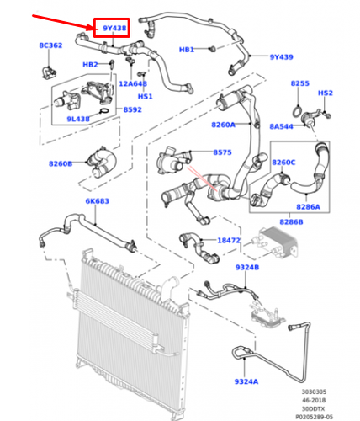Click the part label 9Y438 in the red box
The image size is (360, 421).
[114, 29]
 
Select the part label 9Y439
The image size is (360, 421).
[281, 57]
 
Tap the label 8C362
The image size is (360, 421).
[50, 44]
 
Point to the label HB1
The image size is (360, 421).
[187, 50]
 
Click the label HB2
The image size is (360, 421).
[90, 65]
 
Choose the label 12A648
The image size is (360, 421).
[133, 83]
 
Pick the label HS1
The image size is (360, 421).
[145, 96]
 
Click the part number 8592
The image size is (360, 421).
[133, 109]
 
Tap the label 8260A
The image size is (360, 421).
[224, 125]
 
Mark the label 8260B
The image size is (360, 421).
[60, 163]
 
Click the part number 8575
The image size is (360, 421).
[222, 152]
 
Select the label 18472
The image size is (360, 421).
[229, 241]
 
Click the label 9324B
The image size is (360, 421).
[246, 267]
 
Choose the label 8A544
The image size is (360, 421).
[282, 125]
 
